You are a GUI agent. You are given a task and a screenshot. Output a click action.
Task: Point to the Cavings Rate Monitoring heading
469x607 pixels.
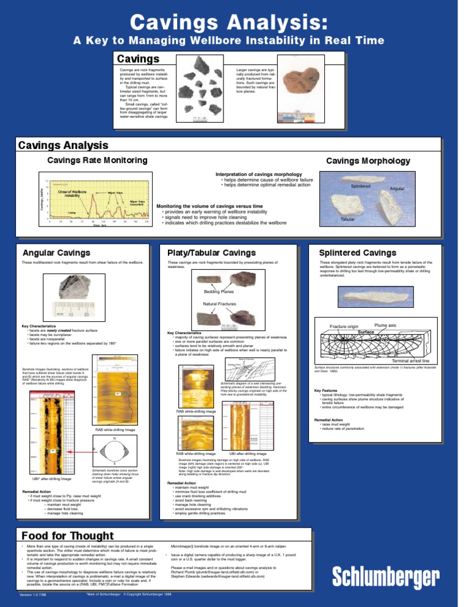(x=98, y=160)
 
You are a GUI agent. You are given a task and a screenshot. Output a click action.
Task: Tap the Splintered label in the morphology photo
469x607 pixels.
(x=362, y=186)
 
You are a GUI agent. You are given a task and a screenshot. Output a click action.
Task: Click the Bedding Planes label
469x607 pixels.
(x=218, y=292)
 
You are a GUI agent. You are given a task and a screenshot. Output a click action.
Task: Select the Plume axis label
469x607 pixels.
(x=386, y=325)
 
